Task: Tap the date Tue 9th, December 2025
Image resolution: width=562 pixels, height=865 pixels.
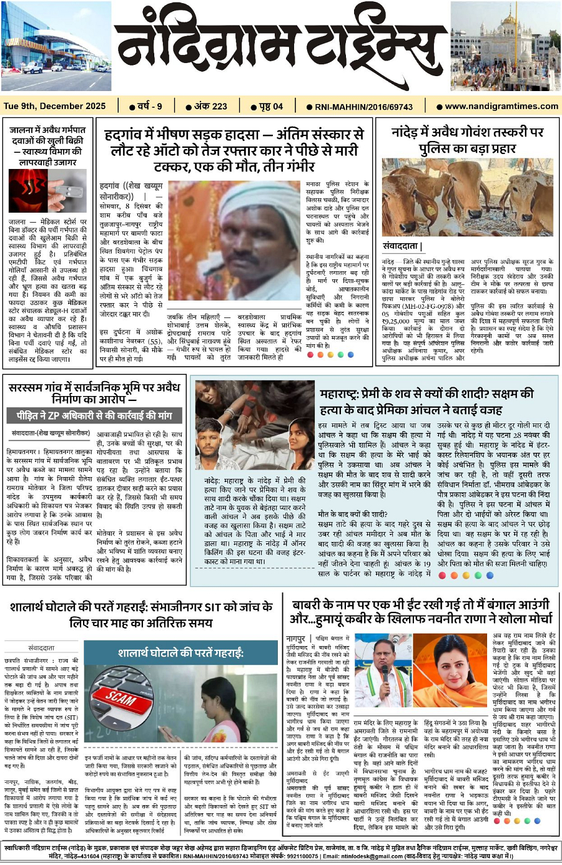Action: point(55,106)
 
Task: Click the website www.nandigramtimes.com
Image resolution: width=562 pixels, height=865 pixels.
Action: point(501,106)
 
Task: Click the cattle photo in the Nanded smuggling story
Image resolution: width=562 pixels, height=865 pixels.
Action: point(469,198)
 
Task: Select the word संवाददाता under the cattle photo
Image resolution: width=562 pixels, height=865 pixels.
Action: point(402,246)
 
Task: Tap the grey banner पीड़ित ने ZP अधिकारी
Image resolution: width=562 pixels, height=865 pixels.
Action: point(94,415)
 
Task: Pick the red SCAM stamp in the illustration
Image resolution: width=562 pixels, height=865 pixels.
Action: point(122,697)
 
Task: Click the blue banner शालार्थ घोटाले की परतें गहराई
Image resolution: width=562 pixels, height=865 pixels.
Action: point(180,653)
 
